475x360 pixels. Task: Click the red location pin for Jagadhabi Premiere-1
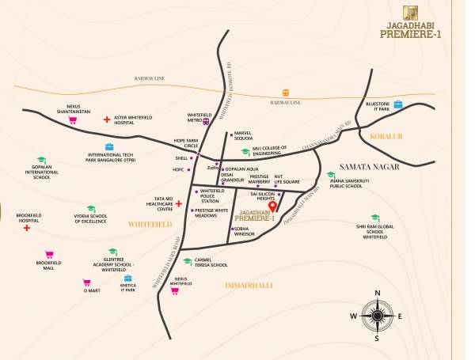tap(272, 207)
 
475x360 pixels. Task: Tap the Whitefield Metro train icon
tap(206, 122)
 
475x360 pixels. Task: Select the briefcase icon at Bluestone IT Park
tap(398, 104)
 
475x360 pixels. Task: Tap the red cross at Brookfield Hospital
tap(27, 228)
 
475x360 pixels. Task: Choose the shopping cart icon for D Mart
tap(86, 282)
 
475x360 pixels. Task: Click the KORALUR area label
tap(387, 137)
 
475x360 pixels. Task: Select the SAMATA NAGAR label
tap(369, 167)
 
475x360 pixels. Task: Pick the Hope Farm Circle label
tap(180, 143)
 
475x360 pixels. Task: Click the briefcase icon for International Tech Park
tap(109, 146)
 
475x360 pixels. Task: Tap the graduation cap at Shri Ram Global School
tap(374, 218)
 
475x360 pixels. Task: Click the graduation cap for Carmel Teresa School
tap(187, 261)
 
